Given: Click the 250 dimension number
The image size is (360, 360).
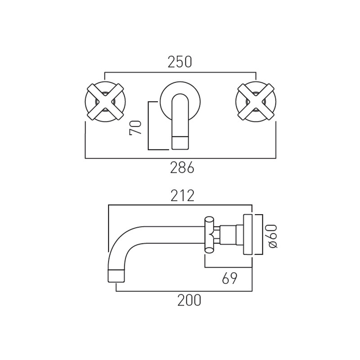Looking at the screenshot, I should point(180,62).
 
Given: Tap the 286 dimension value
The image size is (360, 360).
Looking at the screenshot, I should point(182,168).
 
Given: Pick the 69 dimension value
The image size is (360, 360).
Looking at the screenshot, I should point(229,278).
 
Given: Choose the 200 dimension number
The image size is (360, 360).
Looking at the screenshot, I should point(189,300).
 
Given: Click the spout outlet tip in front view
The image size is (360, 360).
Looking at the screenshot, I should point(180,143).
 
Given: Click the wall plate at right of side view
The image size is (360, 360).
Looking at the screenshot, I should point(248,235).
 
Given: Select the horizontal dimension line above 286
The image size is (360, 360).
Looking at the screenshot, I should point(180,158).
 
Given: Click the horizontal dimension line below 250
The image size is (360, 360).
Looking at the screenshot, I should point(180,72).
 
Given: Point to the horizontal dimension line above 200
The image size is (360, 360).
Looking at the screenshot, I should point(184,291).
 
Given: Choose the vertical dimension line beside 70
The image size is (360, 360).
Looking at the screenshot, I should point(148,126).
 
